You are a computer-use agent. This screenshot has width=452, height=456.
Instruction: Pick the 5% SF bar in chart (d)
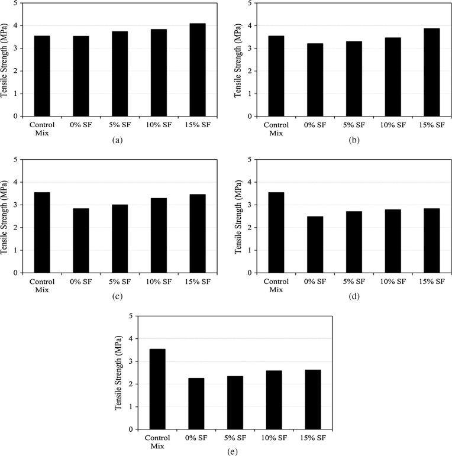354,242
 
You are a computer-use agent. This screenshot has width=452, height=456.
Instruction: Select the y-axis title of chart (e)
121,373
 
